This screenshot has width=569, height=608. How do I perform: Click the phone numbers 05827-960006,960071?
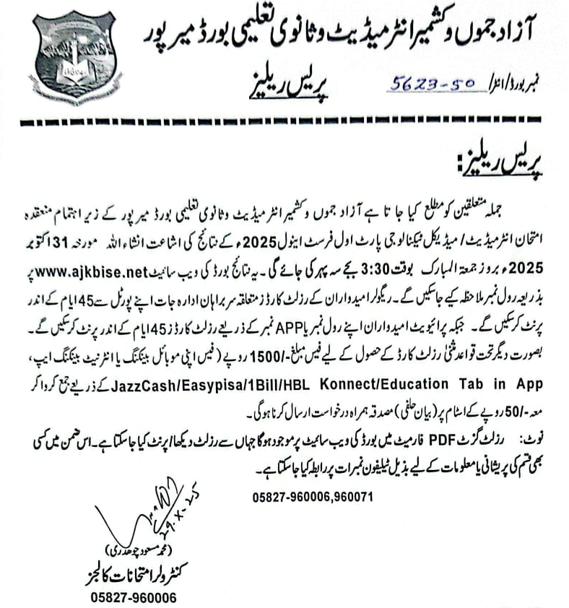313,497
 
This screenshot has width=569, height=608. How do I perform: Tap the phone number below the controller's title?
133,598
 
